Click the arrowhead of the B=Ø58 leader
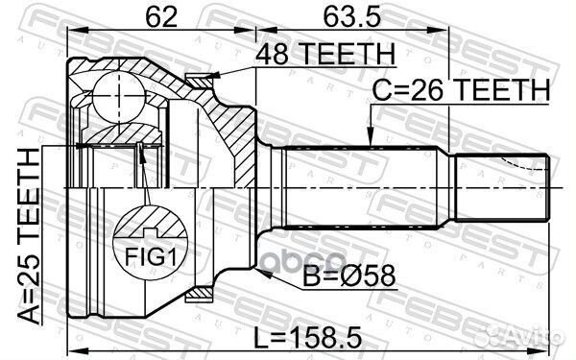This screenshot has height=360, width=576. [260, 273]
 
